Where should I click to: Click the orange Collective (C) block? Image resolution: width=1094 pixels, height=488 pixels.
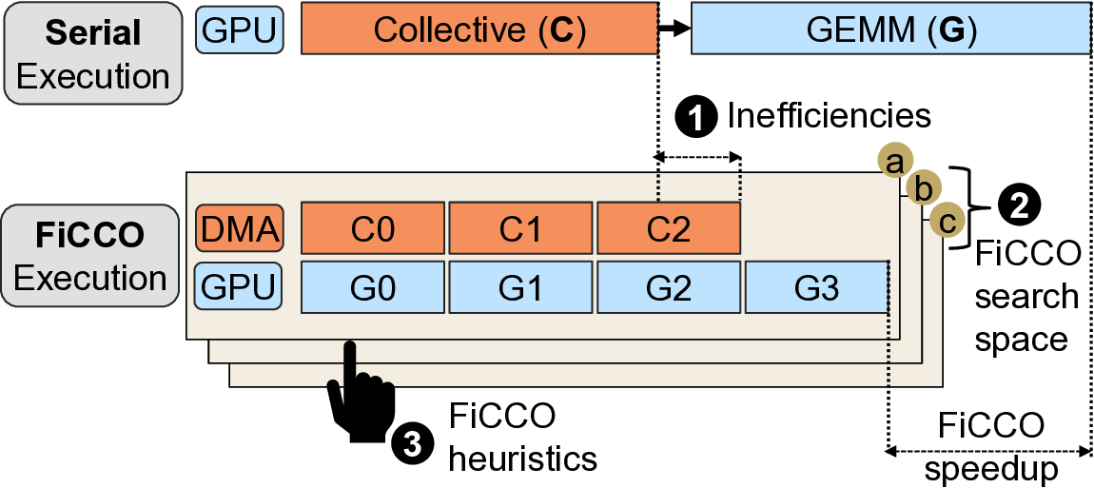click(x=479, y=29)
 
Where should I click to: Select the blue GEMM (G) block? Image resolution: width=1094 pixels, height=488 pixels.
click(x=890, y=29)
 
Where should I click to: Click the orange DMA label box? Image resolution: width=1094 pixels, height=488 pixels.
click(x=239, y=228)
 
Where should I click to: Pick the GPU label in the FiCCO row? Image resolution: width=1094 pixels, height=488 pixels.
click(x=239, y=286)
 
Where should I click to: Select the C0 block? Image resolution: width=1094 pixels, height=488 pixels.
click(x=373, y=228)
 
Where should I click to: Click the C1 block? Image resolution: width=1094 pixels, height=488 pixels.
click(x=521, y=228)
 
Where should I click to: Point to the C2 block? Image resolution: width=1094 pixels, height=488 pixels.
click(x=670, y=228)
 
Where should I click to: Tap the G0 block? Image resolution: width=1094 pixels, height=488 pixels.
click(x=373, y=286)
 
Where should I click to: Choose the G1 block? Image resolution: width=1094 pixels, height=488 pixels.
click(x=521, y=286)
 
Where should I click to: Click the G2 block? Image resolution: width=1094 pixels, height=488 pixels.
click(x=670, y=286)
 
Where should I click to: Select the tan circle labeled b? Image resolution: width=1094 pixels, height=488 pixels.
click(x=920, y=189)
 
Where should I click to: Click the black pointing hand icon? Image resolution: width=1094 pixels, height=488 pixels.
click(x=361, y=395)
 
